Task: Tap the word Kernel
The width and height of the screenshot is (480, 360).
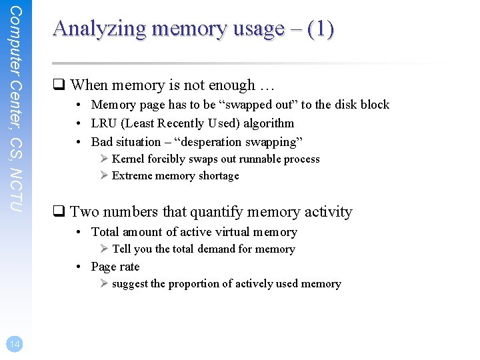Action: tap(128, 159)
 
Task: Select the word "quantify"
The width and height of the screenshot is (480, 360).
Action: tap(220, 212)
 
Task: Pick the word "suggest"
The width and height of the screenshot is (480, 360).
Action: tap(130, 284)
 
